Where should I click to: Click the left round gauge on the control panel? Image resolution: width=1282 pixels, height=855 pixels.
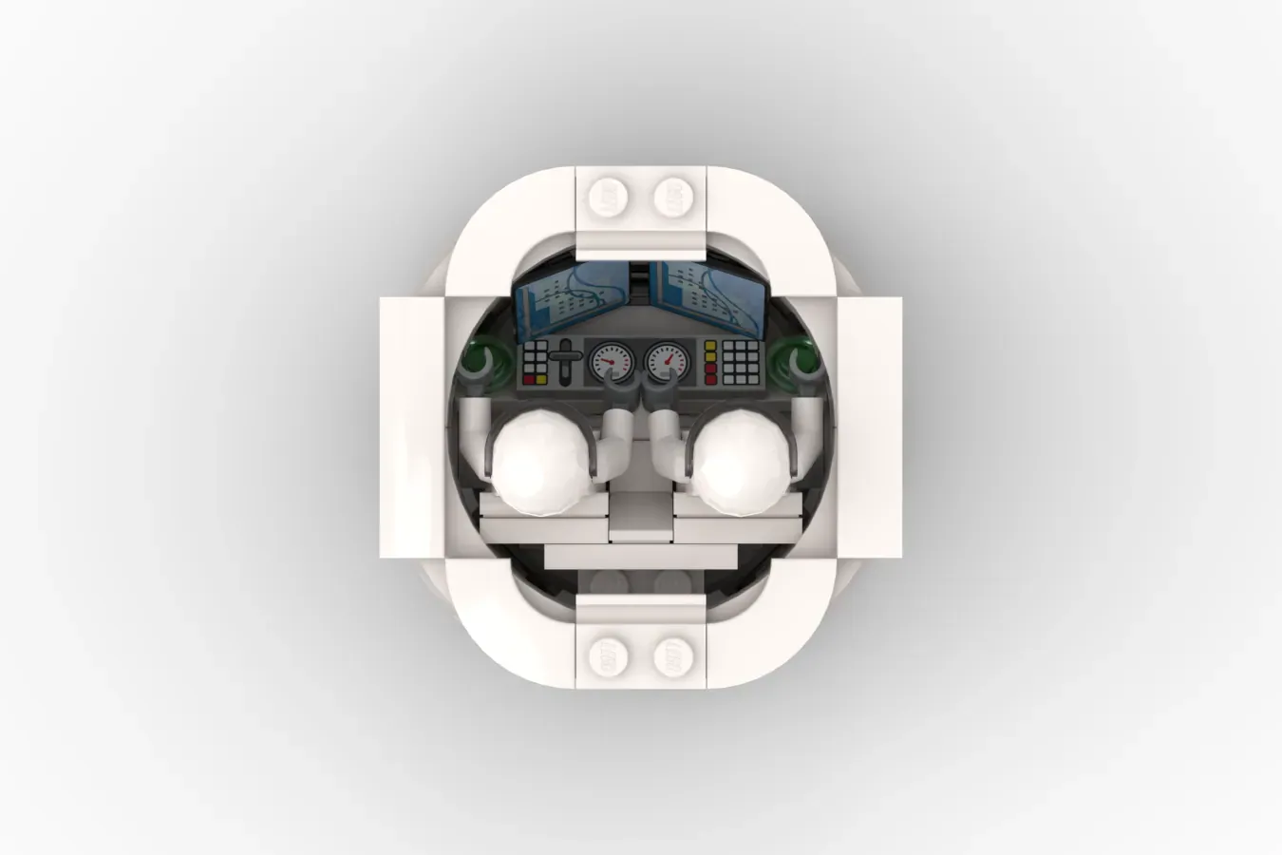click(x=610, y=361)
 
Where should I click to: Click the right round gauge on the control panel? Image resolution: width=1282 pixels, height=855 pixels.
click(x=665, y=361)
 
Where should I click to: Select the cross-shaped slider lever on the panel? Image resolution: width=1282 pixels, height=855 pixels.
click(x=566, y=361)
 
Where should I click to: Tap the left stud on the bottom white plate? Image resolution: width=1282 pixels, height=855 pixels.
click(x=608, y=655)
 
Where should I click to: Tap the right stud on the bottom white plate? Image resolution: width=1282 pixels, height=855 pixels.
click(x=673, y=655)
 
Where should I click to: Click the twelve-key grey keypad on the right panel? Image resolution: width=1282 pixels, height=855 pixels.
click(x=741, y=361)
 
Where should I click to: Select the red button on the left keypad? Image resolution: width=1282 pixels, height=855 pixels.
click(x=529, y=380)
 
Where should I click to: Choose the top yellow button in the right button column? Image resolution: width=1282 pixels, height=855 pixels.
click(x=710, y=345)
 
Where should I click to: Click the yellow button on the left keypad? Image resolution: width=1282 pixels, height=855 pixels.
click(x=541, y=380)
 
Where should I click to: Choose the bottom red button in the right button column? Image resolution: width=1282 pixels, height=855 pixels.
click(x=710, y=380)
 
